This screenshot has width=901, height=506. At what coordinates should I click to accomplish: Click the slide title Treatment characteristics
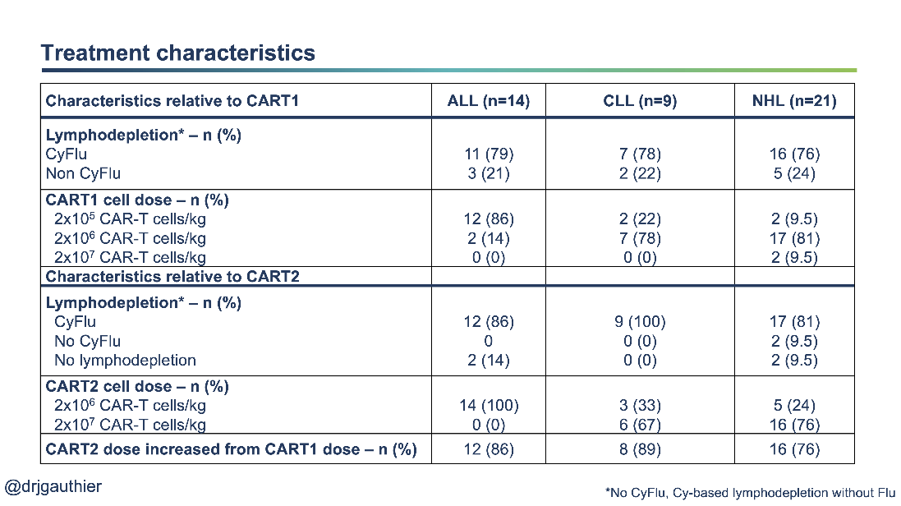178,53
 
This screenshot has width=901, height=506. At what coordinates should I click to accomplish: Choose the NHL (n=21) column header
793,101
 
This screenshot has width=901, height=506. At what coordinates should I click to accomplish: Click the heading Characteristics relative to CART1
172,101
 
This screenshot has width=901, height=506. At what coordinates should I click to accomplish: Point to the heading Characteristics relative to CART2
172,276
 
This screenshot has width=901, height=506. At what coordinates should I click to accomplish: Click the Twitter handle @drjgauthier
53,486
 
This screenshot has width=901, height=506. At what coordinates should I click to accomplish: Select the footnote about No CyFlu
749,493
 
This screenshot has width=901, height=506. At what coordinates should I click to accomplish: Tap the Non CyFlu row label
84,173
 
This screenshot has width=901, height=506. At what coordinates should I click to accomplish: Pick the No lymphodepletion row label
125,360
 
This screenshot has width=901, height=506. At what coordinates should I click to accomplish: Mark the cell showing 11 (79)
489,154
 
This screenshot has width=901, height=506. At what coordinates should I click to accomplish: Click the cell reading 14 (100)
489,405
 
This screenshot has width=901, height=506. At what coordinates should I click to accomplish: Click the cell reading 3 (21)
489,173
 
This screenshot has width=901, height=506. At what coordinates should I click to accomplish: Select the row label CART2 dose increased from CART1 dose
231,449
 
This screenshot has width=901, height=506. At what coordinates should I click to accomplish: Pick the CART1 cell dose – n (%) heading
136,200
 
